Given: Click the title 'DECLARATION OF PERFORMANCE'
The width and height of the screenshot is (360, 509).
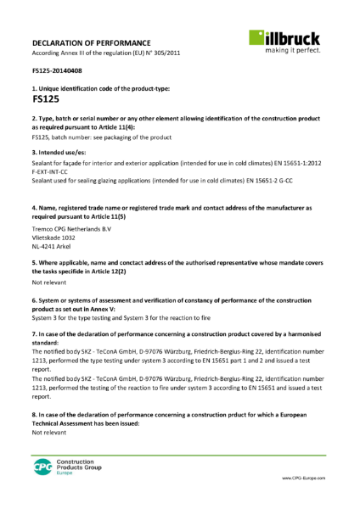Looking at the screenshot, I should point(92,42).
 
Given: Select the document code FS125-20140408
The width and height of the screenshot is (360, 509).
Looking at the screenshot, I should point(57,71).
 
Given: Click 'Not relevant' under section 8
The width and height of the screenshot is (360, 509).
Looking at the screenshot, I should point(50,433).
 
